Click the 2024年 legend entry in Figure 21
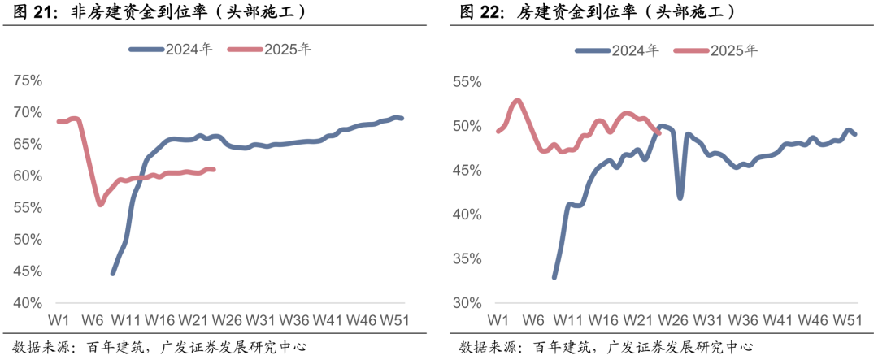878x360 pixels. coord(171,49)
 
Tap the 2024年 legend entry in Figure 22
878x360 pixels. coord(617,50)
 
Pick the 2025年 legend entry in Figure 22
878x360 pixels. coord(715,50)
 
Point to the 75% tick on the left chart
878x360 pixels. coord(28,80)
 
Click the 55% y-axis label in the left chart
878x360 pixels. coord(28,208)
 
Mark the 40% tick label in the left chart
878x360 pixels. coord(28,303)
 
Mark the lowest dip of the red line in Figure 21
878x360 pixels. coord(100,204)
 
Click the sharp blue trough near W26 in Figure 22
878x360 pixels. coord(680,197)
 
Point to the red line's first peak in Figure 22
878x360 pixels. coord(518,101)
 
